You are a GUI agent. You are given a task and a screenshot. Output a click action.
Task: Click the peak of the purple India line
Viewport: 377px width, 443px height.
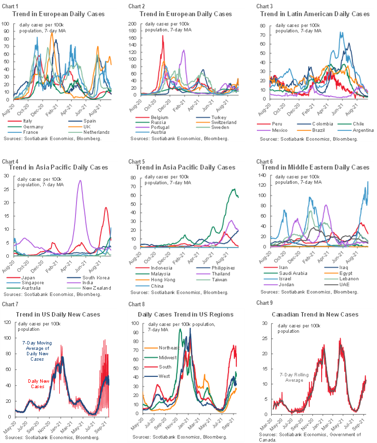click(80, 180)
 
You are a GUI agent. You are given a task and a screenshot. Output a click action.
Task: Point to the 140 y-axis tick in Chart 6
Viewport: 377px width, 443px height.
click(260, 175)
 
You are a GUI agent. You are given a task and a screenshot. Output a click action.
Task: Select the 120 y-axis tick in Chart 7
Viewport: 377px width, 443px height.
click(8, 322)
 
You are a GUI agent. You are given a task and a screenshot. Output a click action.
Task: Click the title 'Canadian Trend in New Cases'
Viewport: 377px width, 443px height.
click(314, 314)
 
